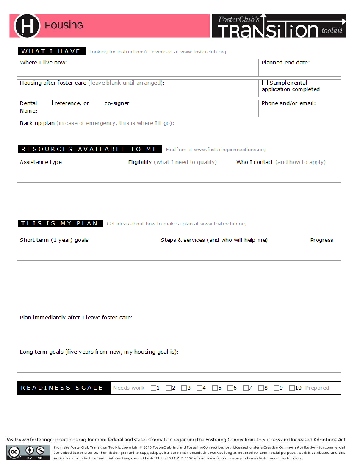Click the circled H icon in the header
pyautogui.click(x=27, y=25)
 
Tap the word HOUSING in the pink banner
pyautogui.click(x=64, y=25)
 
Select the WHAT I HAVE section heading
pyautogui.click(x=51, y=51)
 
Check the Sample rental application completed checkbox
pyautogui.click(x=265, y=83)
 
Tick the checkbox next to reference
pyautogui.click(x=50, y=103)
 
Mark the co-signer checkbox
pyautogui.click(x=100, y=103)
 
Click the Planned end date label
pyautogui.click(x=285, y=63)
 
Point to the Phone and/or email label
pyautogui.click(x=288, y=103)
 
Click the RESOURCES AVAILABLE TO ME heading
pyautogui.click(x=89, y=149)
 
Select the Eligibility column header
pyautogui.click(x=140, y=162)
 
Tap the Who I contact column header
pyautogui.click(x=255, y=162)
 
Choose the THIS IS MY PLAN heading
pyautogui.click(x=60, y=223)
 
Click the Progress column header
pyautogui.click(x=321, y=240)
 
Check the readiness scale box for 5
pyautogui.click(x=215, y=388)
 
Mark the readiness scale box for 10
pyautogui.click(x=292, y=388)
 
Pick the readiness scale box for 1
pyautogui.click(x=153, y=388)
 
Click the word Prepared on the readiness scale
pyautogui.click(x=317, y=388)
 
